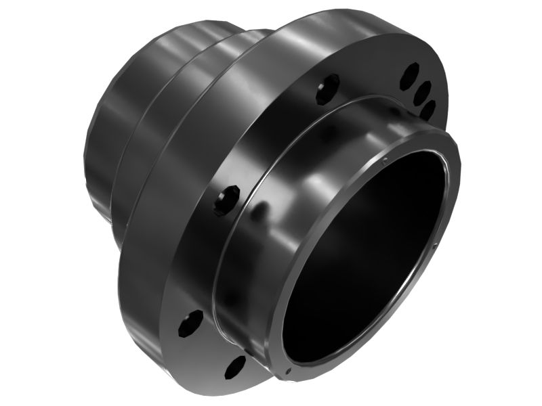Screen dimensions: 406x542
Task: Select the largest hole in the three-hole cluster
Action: click(411, 76)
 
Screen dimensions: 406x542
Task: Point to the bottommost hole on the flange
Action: click(234, 366)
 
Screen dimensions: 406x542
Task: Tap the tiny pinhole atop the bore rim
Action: click(384, 160)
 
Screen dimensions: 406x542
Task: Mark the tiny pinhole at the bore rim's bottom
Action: click(289, 371)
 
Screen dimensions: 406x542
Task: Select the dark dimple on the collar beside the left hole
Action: click(258, 212)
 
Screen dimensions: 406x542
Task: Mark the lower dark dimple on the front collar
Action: click(234, 298)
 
